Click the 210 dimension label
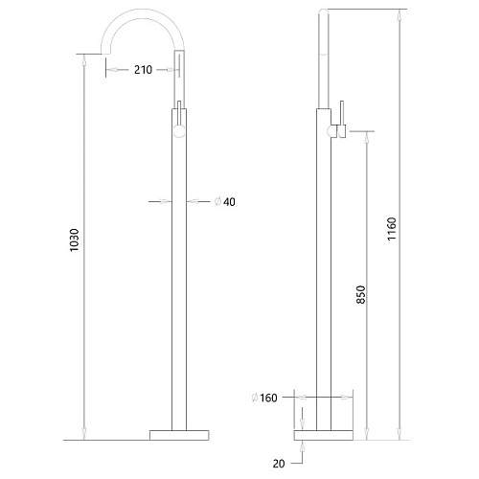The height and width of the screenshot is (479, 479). tap(143, 70)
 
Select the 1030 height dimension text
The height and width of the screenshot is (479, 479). tap(74, 240)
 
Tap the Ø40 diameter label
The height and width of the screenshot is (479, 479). tap(225, 202)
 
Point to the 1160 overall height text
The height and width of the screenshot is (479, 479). tap(392, 229)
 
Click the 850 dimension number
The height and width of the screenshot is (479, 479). tap(360, 294)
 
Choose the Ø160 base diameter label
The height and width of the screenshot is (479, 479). tap(264, 398)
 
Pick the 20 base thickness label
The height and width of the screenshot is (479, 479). tap(279, 464)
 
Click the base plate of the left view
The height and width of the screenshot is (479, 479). tap(179, 435)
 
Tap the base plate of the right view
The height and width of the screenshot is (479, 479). tap(324, 435)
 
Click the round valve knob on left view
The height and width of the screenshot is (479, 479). tap(179, 131)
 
